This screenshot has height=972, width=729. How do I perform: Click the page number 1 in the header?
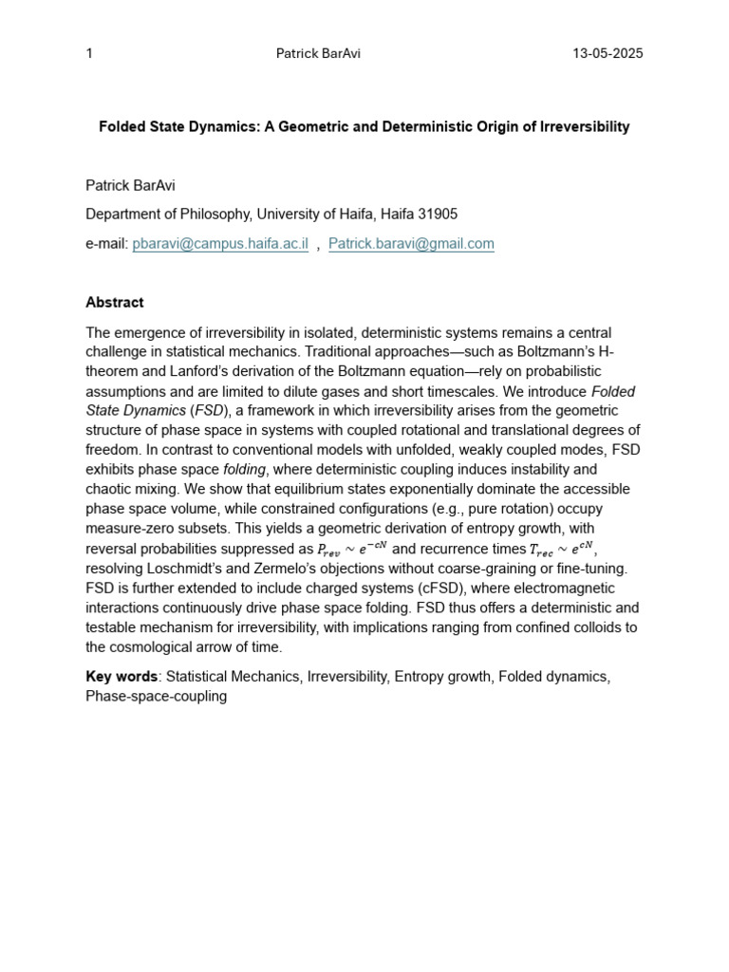click(x=89, y=53)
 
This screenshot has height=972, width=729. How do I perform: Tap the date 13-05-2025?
click(x=607, y=53)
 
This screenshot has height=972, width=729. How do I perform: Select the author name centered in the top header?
click(x=318, y=53)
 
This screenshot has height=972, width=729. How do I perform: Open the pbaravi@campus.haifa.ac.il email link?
click(x=220, y=244)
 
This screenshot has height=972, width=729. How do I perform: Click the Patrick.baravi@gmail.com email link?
click(x=411, y=244)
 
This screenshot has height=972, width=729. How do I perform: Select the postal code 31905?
click(x=437, y=215)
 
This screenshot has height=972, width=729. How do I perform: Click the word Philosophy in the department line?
click(x=212, y=215)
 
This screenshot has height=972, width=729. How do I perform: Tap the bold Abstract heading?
click(x=115, y=303)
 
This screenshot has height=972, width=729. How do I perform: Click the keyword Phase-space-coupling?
click(x=157, y=696)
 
